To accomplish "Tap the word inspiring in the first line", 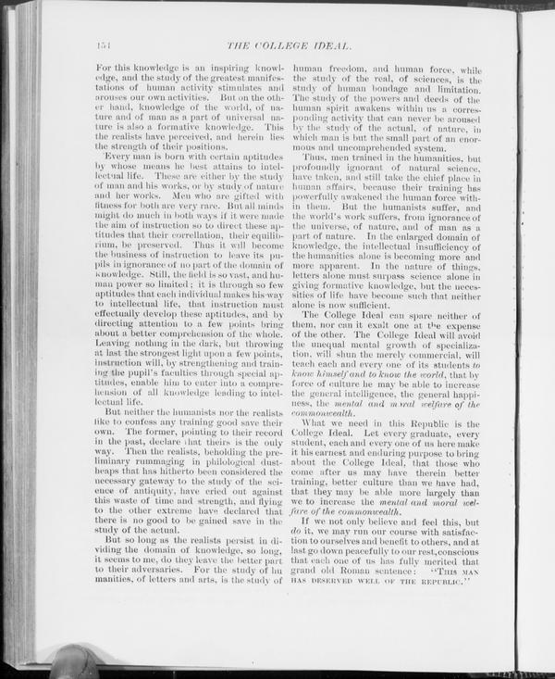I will [x=194, y=69].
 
